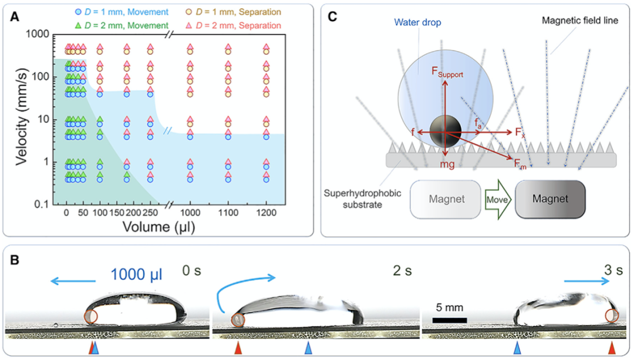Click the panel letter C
[x=332, y=16]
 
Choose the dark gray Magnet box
[x=549, y=198]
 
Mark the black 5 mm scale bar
[x=450, y=320]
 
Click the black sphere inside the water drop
[x=445, y=131]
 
